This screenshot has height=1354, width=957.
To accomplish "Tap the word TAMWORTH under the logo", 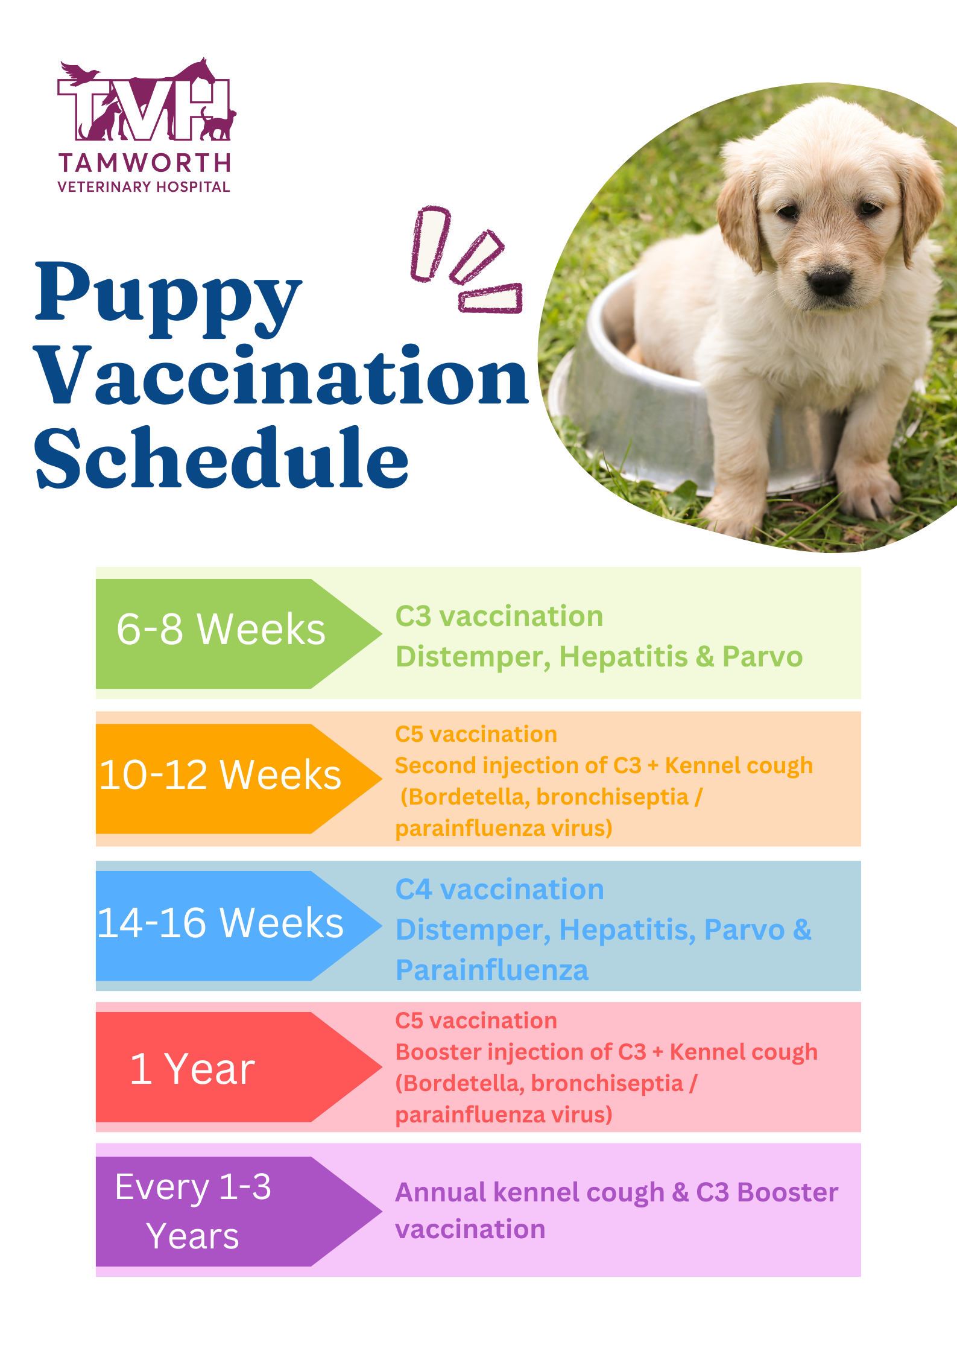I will pos(145,163).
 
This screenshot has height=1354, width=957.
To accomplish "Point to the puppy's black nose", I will pos(830,282).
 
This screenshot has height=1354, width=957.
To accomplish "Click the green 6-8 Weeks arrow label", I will pos(221,631).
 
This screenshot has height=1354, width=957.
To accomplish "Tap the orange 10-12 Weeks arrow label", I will pos(221,776).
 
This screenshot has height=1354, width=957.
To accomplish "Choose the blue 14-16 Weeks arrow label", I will pos(221,923).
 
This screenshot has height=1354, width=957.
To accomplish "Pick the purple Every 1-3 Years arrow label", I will pos(193,1211).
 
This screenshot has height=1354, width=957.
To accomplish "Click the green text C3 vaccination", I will pos(499,616).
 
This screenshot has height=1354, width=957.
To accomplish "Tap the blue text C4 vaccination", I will pos(499,890).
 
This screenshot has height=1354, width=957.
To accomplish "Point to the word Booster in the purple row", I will pos(788,1192).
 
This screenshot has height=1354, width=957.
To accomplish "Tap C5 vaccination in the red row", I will pos(476,1020).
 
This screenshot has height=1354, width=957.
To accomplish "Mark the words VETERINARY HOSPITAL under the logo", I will pos(144,187).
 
